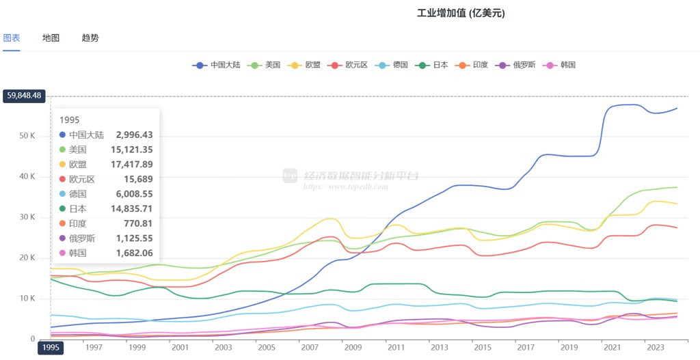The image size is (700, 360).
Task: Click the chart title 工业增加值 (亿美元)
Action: click(465, 14)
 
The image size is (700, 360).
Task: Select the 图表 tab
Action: click(12, 38)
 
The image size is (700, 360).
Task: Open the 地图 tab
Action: click(51, 38)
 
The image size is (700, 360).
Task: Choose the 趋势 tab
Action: click(90, 38)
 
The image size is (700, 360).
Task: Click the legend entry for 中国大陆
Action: click(218, 65)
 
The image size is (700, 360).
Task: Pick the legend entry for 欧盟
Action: click(306, 65)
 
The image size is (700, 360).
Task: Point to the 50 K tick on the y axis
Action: click(27, 136)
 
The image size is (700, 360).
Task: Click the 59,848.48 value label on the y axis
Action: click(24, 96)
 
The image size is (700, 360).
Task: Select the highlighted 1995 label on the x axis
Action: click(51, 348)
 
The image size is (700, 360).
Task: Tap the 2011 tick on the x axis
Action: click(395, 348)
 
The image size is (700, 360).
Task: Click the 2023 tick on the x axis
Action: click(654, 348)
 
